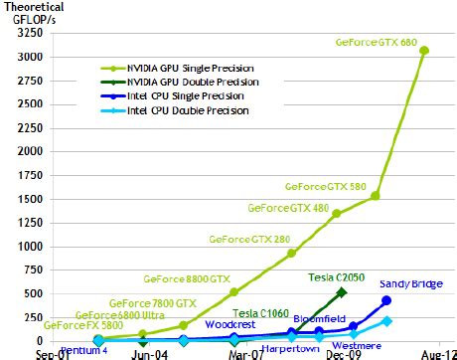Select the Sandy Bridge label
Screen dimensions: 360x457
click(406, 283)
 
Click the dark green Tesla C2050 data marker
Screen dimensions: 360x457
click(342, 292)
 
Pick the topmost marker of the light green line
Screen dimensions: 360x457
click(424, 50)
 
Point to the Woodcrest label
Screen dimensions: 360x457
click(231, 324)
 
